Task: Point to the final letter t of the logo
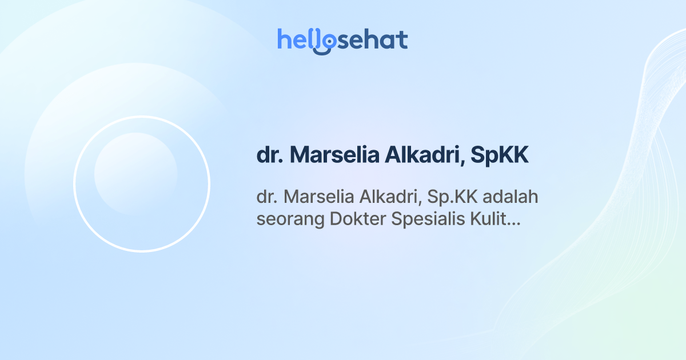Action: pos(402,39)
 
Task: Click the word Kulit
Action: pos(487,219)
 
